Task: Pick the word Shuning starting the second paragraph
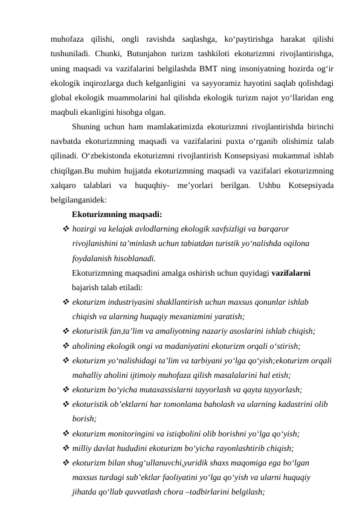[x=86, y=126]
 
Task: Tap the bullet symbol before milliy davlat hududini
[x=65, y=448]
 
